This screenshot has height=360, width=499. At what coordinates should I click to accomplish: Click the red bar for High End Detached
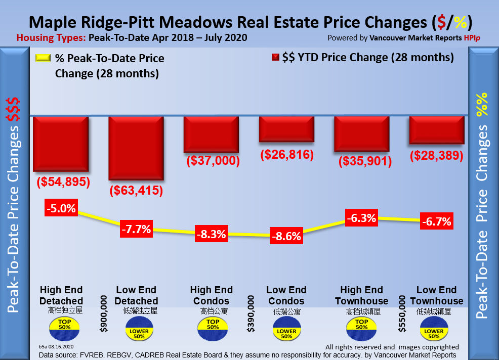pos(61,144)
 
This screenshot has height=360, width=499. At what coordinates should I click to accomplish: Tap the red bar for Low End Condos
pos(286,129)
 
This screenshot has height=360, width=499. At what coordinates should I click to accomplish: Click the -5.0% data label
pos(62,208)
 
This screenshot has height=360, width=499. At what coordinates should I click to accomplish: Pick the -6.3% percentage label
pos(361,218)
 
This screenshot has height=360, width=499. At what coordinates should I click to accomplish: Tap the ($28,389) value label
pos(436,155)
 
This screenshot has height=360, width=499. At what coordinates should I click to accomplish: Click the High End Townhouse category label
pos(361,295)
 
